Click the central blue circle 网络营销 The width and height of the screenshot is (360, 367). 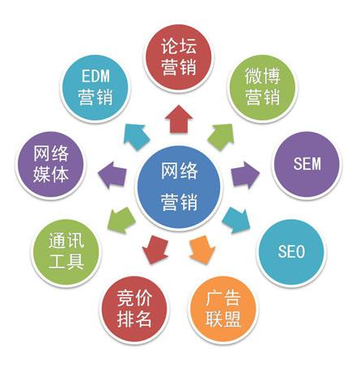click(x=179, y=188)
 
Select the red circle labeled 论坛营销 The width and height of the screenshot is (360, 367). click(x=179, y=57)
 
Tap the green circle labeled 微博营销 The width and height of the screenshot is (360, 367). click(x=262, y=87)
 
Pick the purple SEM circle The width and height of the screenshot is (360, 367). click(x=307, y=164)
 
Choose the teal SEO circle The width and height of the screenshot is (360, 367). click(x=291, y=252)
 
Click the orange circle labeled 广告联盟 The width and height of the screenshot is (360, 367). click(x=223, y=309)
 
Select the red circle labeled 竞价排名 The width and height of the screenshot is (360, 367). click(x=134, y=309)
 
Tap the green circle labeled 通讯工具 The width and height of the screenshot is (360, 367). click(x=66, y=252)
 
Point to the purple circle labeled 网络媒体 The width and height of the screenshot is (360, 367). click(x=51, y=164)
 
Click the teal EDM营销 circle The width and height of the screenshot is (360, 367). click(x=95, y=87)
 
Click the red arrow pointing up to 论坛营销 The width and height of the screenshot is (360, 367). click(x=179, y=119)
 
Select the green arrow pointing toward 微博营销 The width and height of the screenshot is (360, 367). click(x=222, y=137)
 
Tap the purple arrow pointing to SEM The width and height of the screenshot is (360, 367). click(x=245, y=175)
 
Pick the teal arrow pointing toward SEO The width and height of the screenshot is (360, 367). click(x=237, y=220)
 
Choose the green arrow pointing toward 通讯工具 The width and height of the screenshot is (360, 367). click(x=121, y=220)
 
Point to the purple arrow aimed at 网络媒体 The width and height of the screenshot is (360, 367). click(x=112, y=175)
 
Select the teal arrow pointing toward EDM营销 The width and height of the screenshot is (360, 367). click(x=136, y=137)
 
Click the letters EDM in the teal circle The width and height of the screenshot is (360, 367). click(x=95, y=76)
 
